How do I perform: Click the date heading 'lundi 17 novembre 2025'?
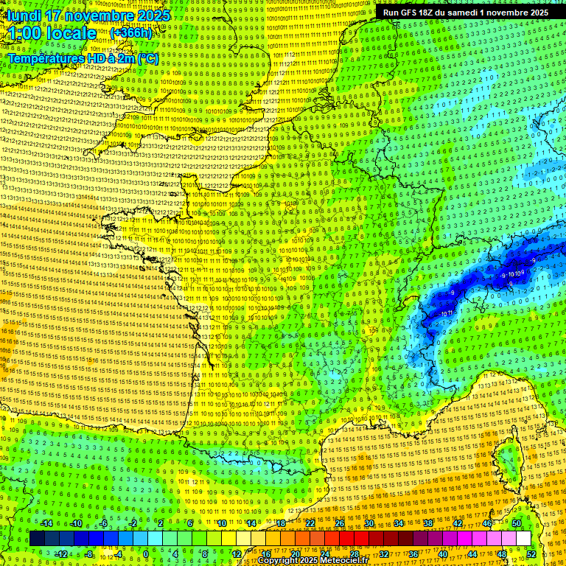point(89,15)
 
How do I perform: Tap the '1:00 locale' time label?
point(52,33)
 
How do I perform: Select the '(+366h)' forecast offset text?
point(130,33)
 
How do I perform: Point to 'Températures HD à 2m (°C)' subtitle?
point(83,58)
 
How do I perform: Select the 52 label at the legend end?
point(531,553)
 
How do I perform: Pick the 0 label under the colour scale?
point(146,553)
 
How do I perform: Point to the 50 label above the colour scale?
point(516,523)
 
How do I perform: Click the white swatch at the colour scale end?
point(523,539)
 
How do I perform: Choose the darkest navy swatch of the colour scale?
point(37,539)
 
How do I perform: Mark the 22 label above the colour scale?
point(310,523)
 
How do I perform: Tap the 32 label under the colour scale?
point(384,553)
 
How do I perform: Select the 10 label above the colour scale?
point(222,523)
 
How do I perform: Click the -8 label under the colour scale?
point(89,553)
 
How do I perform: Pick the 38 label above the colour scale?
point(428,523)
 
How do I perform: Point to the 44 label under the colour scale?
point(472,553)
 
